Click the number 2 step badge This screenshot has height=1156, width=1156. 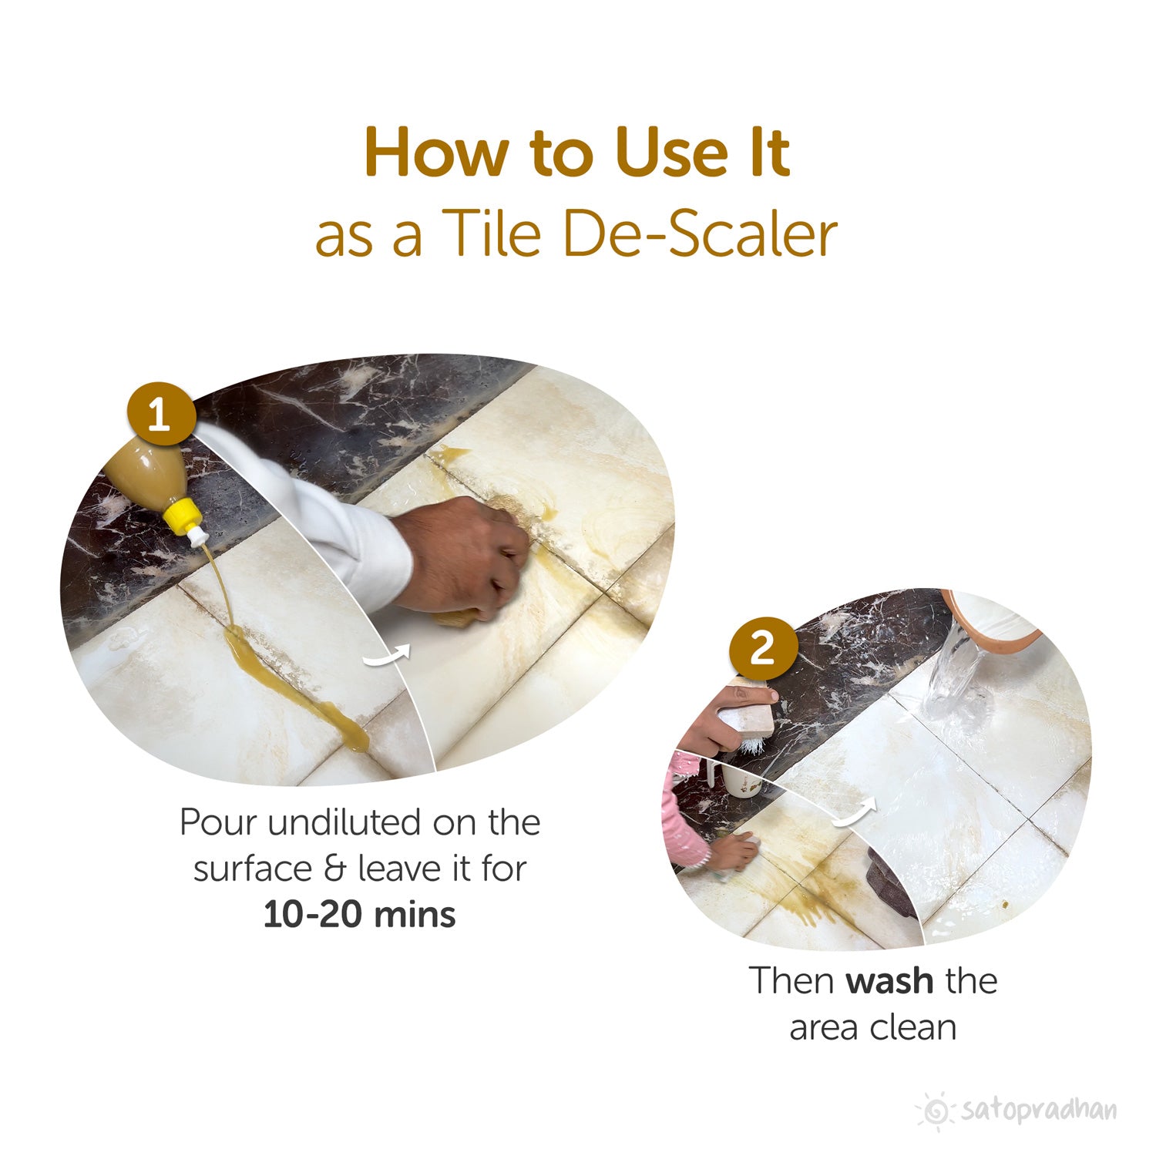coord(763,648)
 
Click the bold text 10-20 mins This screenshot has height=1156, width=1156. coord(359,915)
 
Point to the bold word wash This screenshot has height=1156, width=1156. coord(889,981)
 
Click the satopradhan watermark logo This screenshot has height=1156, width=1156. coord(1017,1111)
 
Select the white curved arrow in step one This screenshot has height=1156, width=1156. coord(387,657)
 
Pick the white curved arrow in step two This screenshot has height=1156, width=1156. coord(855,813)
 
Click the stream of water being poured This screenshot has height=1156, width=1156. coord(956,678)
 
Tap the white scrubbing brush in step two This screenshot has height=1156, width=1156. coord(744,728)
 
